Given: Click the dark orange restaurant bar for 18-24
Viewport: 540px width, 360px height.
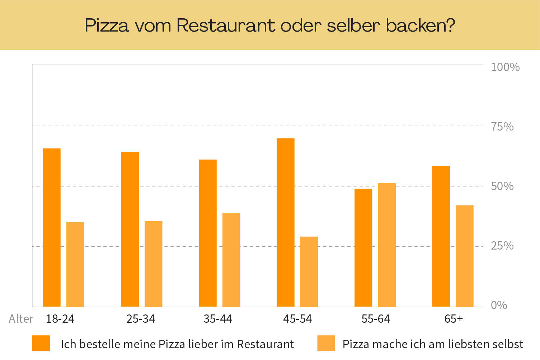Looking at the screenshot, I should click(x=52, y=227).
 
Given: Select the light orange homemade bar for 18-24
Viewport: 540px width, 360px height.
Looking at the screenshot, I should click(x=75, y=264).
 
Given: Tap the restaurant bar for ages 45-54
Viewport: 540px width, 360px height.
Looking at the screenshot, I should click(x=286, y=222).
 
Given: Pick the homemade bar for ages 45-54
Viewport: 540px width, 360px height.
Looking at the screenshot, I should click(x=309, y=271).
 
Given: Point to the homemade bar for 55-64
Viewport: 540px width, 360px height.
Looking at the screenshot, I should click(x=387, y=245).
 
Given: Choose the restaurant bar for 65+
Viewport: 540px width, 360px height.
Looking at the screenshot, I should click(x=441, y=236).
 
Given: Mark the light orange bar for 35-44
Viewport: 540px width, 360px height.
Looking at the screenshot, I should click(x=231, y=260).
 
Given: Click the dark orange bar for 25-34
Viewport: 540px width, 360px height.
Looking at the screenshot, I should click(x=130, y=229).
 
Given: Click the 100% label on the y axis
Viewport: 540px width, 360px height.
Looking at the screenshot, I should click(x=505, y=67).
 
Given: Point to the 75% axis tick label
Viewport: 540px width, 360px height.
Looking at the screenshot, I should click(x=502, y=127).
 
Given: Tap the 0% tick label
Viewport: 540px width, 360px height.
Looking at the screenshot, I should click(x=499, y=305).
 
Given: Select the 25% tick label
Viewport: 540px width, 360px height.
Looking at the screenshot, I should click(x=502, y=246).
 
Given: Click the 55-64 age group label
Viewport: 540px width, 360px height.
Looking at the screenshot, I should click(x=376, y=319).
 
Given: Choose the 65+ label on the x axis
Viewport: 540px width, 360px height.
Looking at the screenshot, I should click(x=454, y=319).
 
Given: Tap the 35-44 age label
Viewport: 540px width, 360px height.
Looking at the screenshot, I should click(x=218, y=319).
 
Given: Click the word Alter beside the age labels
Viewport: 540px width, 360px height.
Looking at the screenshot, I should click(x=21, y=319).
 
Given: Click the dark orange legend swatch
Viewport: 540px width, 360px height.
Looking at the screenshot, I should click(x=41, y=343).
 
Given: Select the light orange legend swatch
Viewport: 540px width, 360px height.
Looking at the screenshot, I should click(x=326, y=343).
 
